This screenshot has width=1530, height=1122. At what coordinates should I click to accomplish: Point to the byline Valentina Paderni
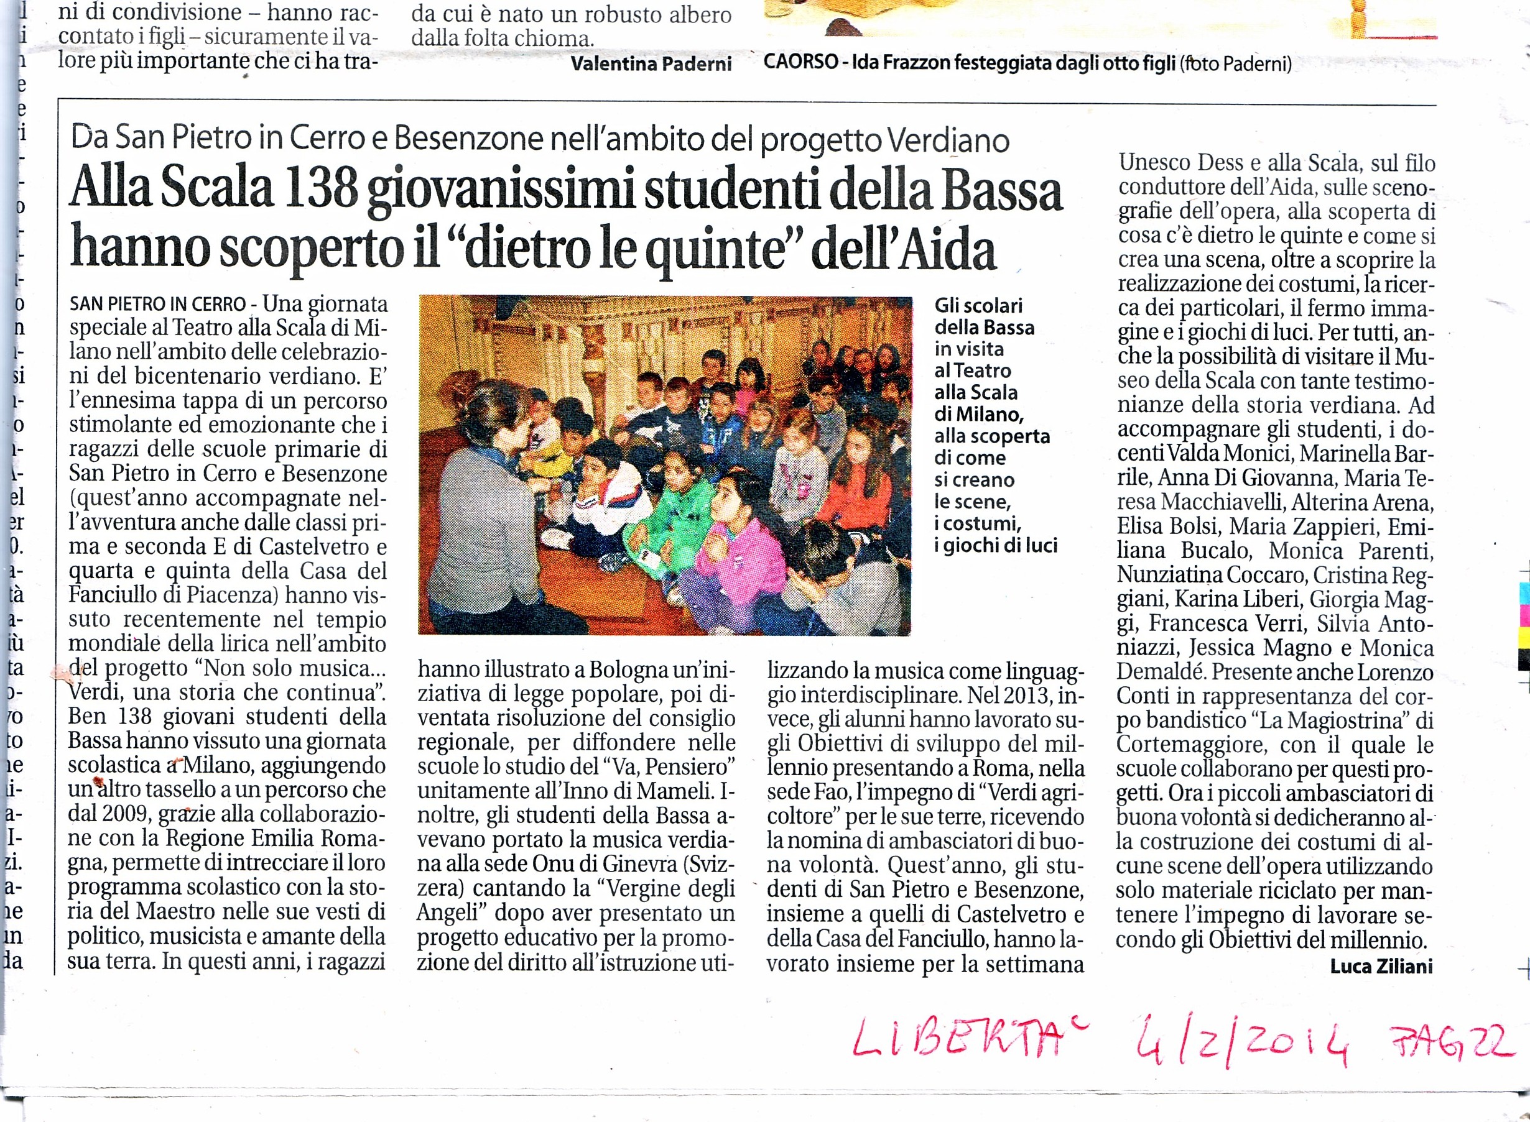pyautogui.click(x=651, y=64)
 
